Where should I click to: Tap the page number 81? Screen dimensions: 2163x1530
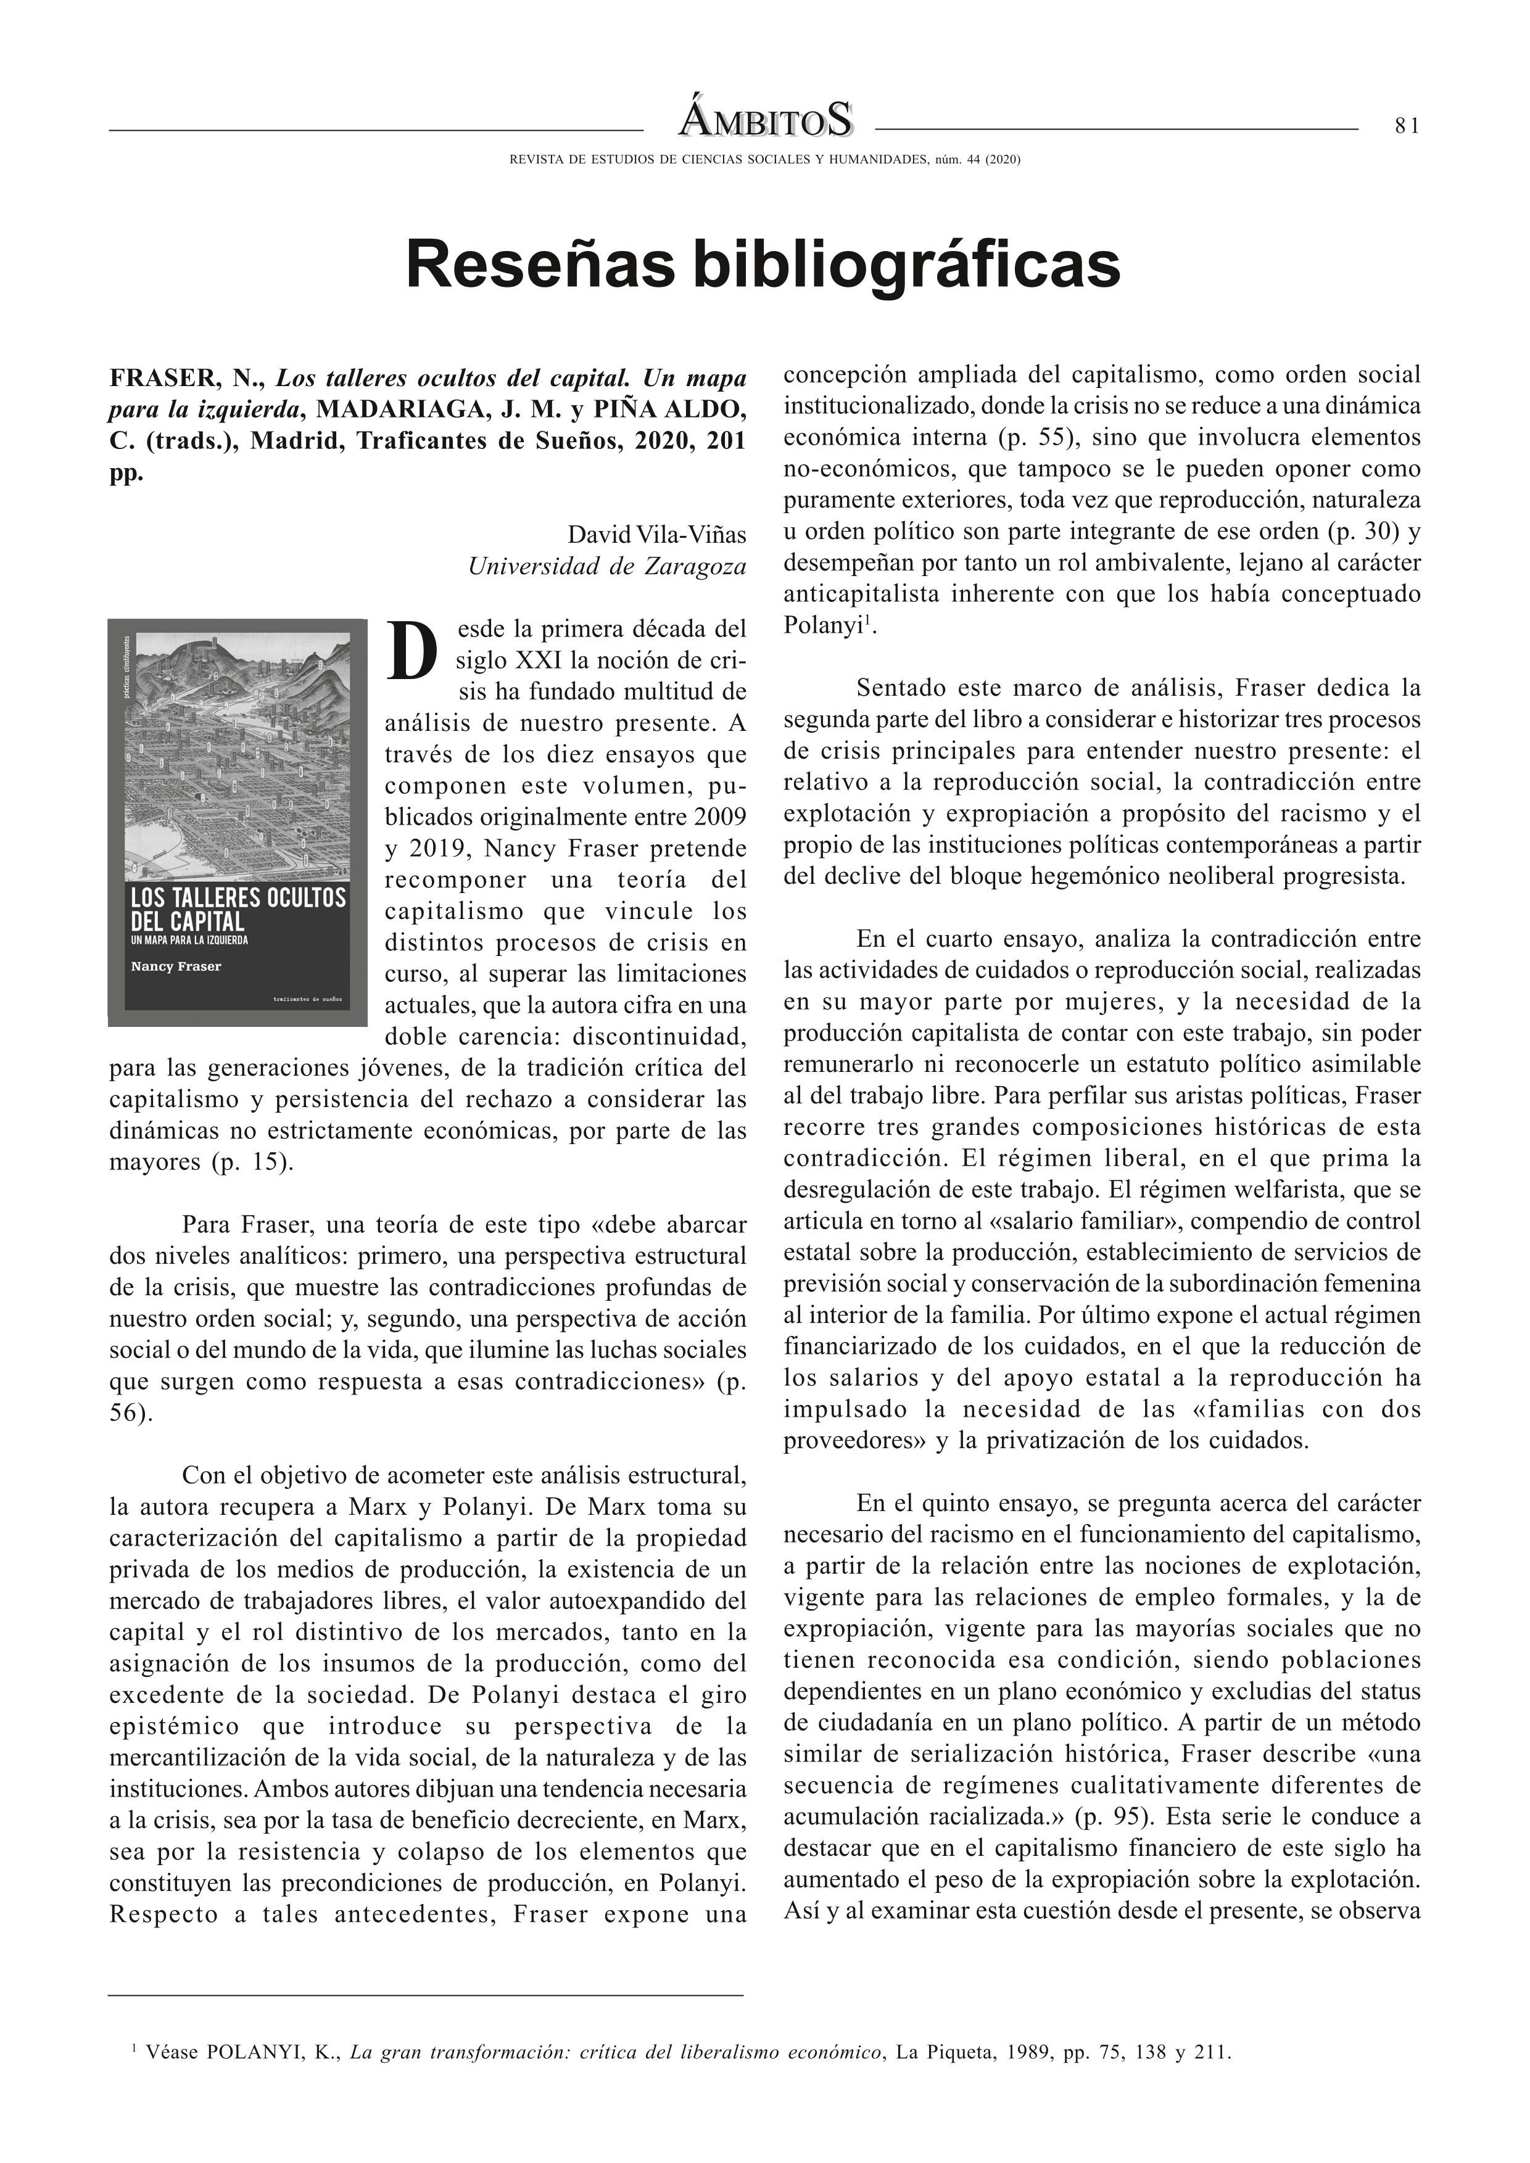(x=1407, y=126)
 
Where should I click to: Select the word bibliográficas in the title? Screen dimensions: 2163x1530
(x=906, y=266)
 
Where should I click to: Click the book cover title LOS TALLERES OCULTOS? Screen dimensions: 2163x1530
(x=238, y=898)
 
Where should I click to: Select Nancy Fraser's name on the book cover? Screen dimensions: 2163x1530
(x=176, y=966)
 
